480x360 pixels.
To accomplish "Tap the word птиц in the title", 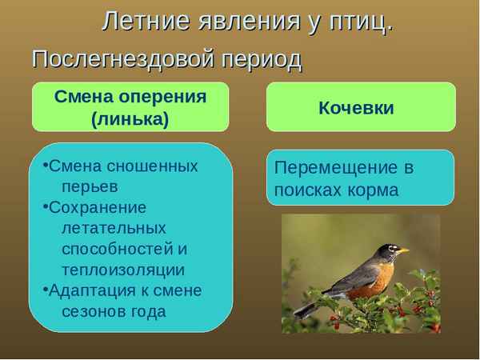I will tap(358, 21).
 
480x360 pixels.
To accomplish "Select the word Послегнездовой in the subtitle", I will tap(124, 59).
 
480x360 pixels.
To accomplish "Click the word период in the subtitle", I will tap(262, 59).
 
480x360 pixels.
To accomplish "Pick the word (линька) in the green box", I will tap(130, 118).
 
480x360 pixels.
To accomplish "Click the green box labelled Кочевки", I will tap(360, 107).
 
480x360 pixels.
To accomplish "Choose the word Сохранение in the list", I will tap(98, 207).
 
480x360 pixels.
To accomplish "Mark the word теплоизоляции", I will tap(122, 270).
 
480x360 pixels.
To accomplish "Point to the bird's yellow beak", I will tap(404, 251).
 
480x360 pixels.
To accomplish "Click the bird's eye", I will tap(391, 250).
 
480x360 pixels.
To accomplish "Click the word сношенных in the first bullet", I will tap(154, 166).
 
